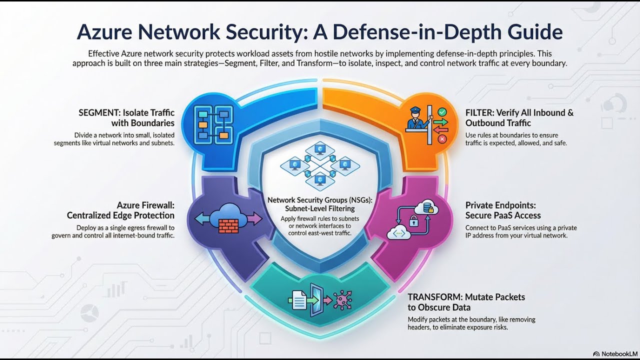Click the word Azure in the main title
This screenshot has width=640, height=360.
(x=106, y=32)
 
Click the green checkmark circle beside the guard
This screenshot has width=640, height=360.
(x=441, y=112)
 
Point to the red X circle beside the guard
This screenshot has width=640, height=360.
(x=441, y=139)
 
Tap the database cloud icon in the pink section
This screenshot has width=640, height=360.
(x=429, y=206)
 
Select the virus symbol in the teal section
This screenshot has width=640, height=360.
(x=342, y=300)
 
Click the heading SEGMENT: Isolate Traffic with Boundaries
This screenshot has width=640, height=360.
(x=126, y=118)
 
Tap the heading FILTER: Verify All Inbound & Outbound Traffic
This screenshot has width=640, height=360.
(x=519, y=118)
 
